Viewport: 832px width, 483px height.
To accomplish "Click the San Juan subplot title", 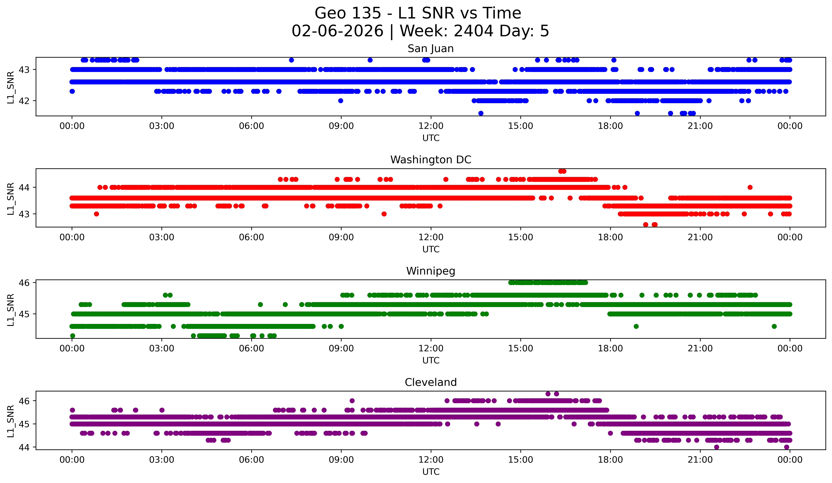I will pyautogui.click(x=431, y=49).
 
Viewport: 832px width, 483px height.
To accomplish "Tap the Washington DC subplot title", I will pyautogui.click(x=431, y=160).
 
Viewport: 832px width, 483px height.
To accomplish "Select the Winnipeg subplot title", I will pyautogui.click(x=431, y=271).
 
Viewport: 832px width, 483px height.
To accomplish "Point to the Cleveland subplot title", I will pyautogui.click(x=431, y=382).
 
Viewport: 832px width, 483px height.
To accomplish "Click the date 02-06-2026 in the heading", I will pyautogui.click(x=337, y=31).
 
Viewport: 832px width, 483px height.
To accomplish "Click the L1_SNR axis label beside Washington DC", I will pyautogui.click(x=11, y=199).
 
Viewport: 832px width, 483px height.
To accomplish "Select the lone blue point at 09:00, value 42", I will pyautogui.click(x=341, y=101).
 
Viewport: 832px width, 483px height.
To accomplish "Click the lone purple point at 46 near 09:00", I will pyautogui.click(x=352, y=401).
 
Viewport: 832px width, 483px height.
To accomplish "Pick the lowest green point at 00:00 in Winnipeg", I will pyautogui.click(x=73, y=336).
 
